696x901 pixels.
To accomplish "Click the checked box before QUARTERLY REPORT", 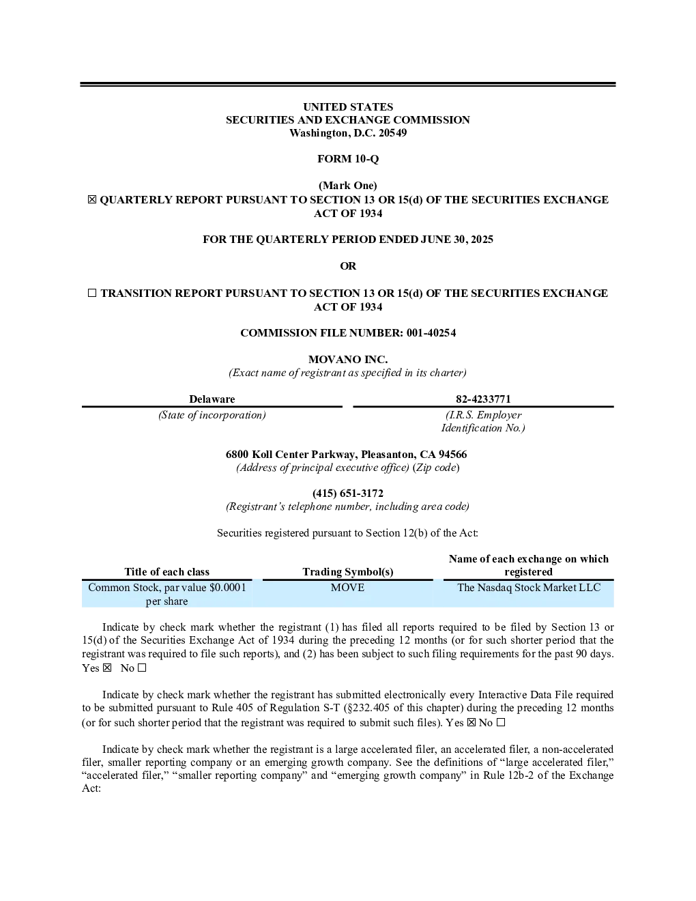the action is [92, 200].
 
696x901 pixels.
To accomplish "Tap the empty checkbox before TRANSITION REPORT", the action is [92, 293].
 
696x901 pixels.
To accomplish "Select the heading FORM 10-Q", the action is [348, 159].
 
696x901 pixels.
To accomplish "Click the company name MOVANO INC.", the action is [348, 359].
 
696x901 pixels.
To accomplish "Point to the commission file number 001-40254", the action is [431, 333].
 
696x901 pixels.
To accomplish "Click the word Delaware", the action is [212, 399].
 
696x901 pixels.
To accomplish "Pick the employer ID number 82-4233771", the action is [483, 399].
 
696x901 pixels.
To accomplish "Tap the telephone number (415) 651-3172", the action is [348, 494].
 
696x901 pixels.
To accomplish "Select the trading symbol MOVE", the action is [347, 588].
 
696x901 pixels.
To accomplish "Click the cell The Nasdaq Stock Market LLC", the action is [529, 588].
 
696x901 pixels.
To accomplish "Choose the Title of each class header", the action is [166, 572].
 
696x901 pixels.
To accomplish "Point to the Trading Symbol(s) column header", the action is [348, 572].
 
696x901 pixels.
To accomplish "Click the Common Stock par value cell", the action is [166, 594].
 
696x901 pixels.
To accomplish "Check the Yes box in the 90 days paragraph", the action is [107, 668].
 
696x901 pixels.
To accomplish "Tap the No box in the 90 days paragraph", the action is [142, 668].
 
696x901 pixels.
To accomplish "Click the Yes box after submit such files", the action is [472, 723].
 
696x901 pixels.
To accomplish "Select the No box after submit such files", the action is [501, 723].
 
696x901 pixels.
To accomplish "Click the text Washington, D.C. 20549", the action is [348, 133].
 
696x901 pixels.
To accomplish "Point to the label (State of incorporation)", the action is [212, 415].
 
